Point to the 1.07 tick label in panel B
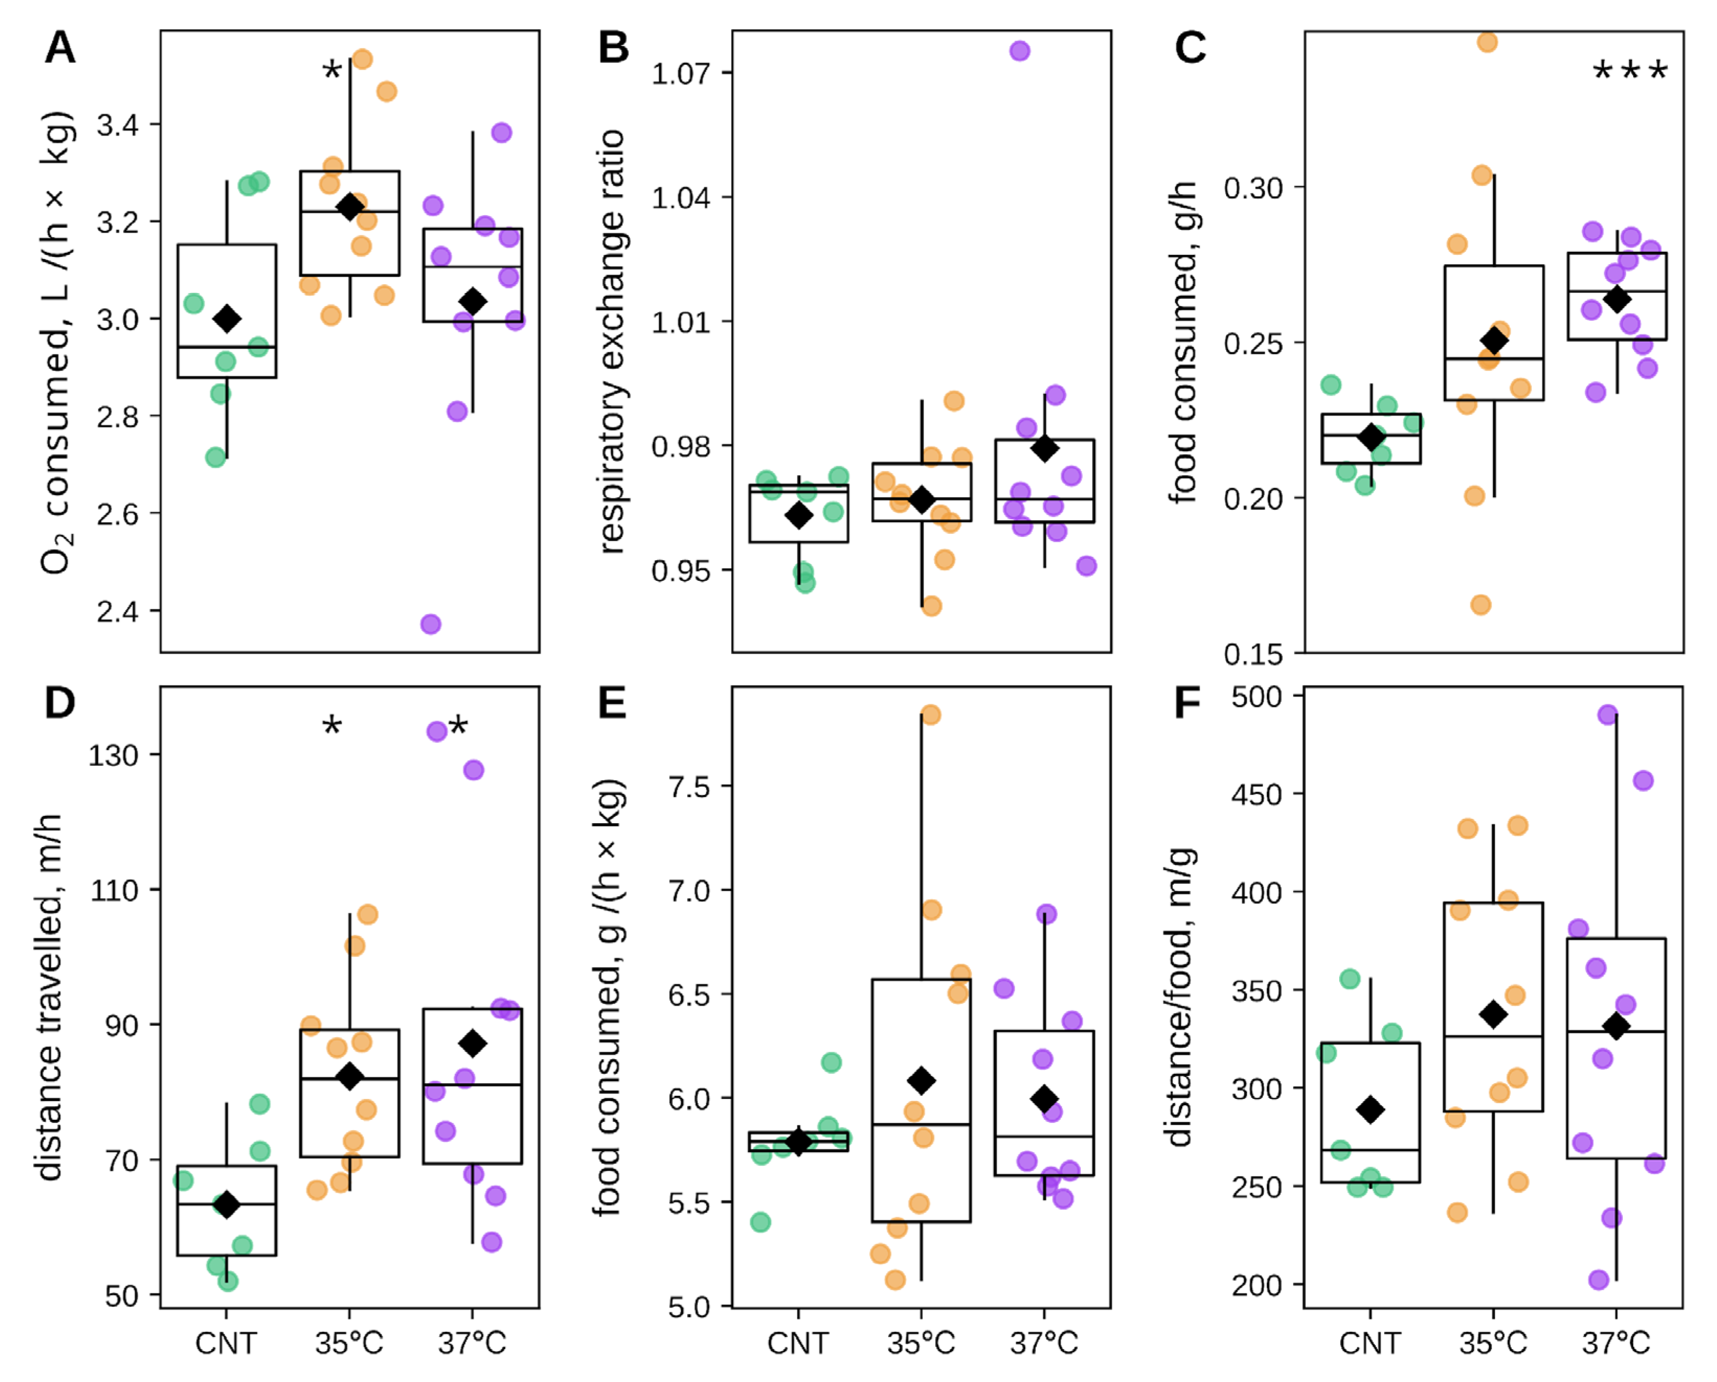pyautogui.click(x=681, y=73)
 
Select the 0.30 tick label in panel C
pyautogui.click(x=1253, y=188)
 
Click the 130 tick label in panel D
pyautogui.click(x=113, y=755)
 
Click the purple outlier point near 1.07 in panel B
pyautogui.click(x=1019, y=51)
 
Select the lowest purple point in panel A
pyautogui.click(x=431, y=624)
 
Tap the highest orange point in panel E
pyautogui.click(x=930, y=714)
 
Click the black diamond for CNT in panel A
pyautogui.click(x=227, y=319)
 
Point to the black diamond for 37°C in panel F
pyautogui.click(x=1616, y=1027)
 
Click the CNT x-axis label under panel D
pyautogui.click(x=226, y=1344)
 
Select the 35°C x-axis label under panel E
pyautogui.click(x=922, y=1344)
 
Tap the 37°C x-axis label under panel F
pyautogui.click(x=1616, y=1344)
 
